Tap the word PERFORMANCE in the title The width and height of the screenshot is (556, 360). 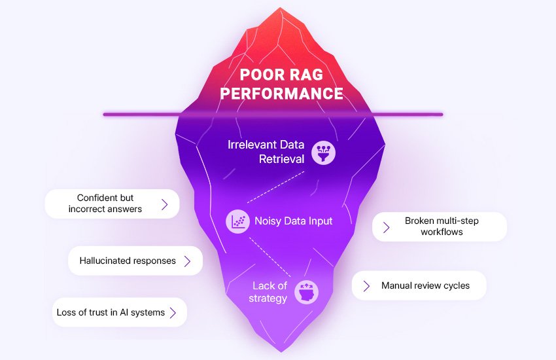coord(281,94)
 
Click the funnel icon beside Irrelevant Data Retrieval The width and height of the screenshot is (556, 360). coord(323,152)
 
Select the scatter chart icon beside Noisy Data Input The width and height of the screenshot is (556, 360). coord(237,221)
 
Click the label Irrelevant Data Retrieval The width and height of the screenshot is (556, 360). coord(266,151)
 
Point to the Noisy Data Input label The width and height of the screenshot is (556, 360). coord(293,221)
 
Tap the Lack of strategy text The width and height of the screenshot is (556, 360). coord(269,292)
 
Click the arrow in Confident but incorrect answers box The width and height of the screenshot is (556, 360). coord(164,204)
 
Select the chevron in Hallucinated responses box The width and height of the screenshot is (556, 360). coord(187,261)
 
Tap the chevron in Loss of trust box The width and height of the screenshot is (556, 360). coord(173,313)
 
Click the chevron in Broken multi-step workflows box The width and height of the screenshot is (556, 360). coord(387,227)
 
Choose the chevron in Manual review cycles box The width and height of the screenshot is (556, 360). coord(367,286)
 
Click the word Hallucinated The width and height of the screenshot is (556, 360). coord(107,261)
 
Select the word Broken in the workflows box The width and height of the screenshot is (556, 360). coord(419,221)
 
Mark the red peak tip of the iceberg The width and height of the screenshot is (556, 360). coord(281,9)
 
